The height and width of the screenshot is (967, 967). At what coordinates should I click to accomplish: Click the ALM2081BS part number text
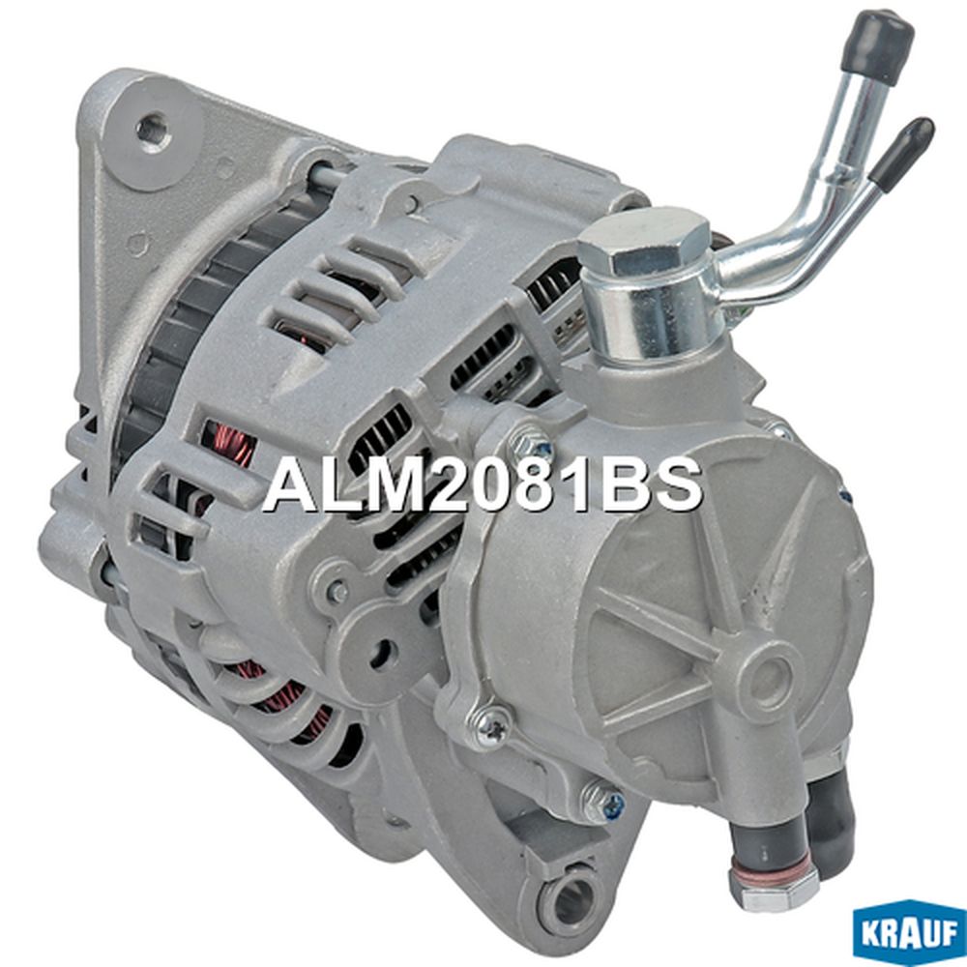(x=483, y=484)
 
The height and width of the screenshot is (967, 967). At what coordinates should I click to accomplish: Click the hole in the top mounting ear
(x=153, y=129)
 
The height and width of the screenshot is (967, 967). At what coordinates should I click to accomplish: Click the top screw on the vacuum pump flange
(x=531, y=442)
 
